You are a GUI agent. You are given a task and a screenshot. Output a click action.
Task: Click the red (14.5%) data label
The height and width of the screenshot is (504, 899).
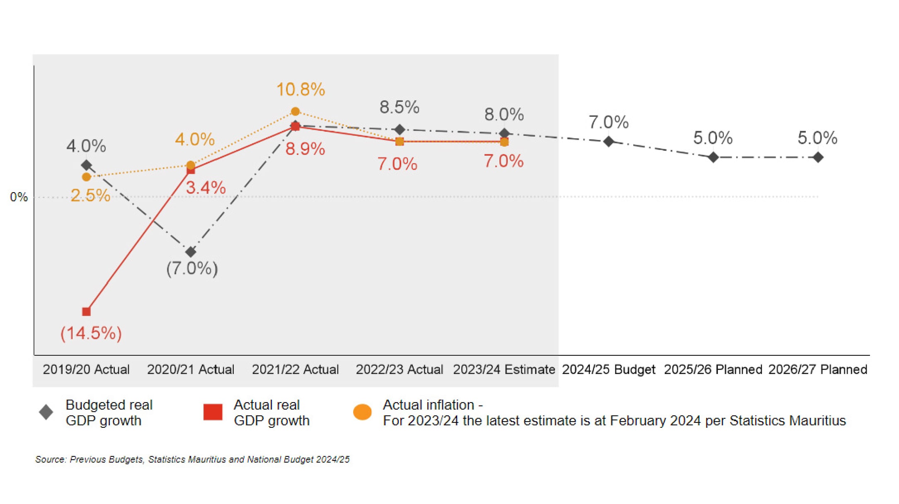point(91,333)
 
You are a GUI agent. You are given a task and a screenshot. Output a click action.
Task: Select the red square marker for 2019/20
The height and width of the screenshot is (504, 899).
point(86,311)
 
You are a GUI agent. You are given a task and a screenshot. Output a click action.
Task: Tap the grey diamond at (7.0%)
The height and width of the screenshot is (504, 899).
point(191,252)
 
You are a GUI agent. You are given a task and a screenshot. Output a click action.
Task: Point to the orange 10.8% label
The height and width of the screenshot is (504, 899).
point(301,89)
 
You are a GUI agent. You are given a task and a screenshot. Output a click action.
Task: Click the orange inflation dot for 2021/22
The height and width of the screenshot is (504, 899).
point(295,111)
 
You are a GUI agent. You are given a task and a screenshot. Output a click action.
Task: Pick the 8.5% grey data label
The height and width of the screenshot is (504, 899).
point(400,107)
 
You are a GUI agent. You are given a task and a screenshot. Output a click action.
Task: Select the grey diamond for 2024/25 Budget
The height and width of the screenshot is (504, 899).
point(608,142)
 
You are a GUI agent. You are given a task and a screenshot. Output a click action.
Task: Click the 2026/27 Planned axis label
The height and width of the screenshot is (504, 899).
point(817,369)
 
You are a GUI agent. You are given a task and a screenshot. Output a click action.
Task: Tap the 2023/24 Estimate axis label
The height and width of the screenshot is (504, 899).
point(504,369)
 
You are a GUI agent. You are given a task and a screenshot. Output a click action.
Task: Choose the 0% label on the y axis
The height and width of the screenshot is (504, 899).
point(19,197)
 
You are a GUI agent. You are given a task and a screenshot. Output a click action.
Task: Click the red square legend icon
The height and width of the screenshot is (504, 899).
point(213,412)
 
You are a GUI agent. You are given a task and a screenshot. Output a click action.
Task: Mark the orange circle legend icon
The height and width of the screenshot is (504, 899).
point(362,412)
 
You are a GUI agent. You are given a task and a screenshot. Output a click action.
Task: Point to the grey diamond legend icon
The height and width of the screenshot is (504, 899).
point(46,412)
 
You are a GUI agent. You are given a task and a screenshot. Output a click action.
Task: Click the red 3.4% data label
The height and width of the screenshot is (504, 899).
point(206,188)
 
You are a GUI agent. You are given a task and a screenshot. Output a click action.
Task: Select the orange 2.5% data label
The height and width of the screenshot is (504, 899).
point(90,195)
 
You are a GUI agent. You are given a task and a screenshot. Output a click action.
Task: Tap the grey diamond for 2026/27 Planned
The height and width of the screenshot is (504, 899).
point(818,157)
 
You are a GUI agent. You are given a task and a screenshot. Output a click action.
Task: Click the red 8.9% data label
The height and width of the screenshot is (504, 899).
point(305,149)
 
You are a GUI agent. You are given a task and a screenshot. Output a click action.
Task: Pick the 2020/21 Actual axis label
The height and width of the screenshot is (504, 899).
point(191,369)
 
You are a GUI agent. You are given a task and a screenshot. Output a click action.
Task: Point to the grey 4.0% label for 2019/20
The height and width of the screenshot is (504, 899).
point(86,146)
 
